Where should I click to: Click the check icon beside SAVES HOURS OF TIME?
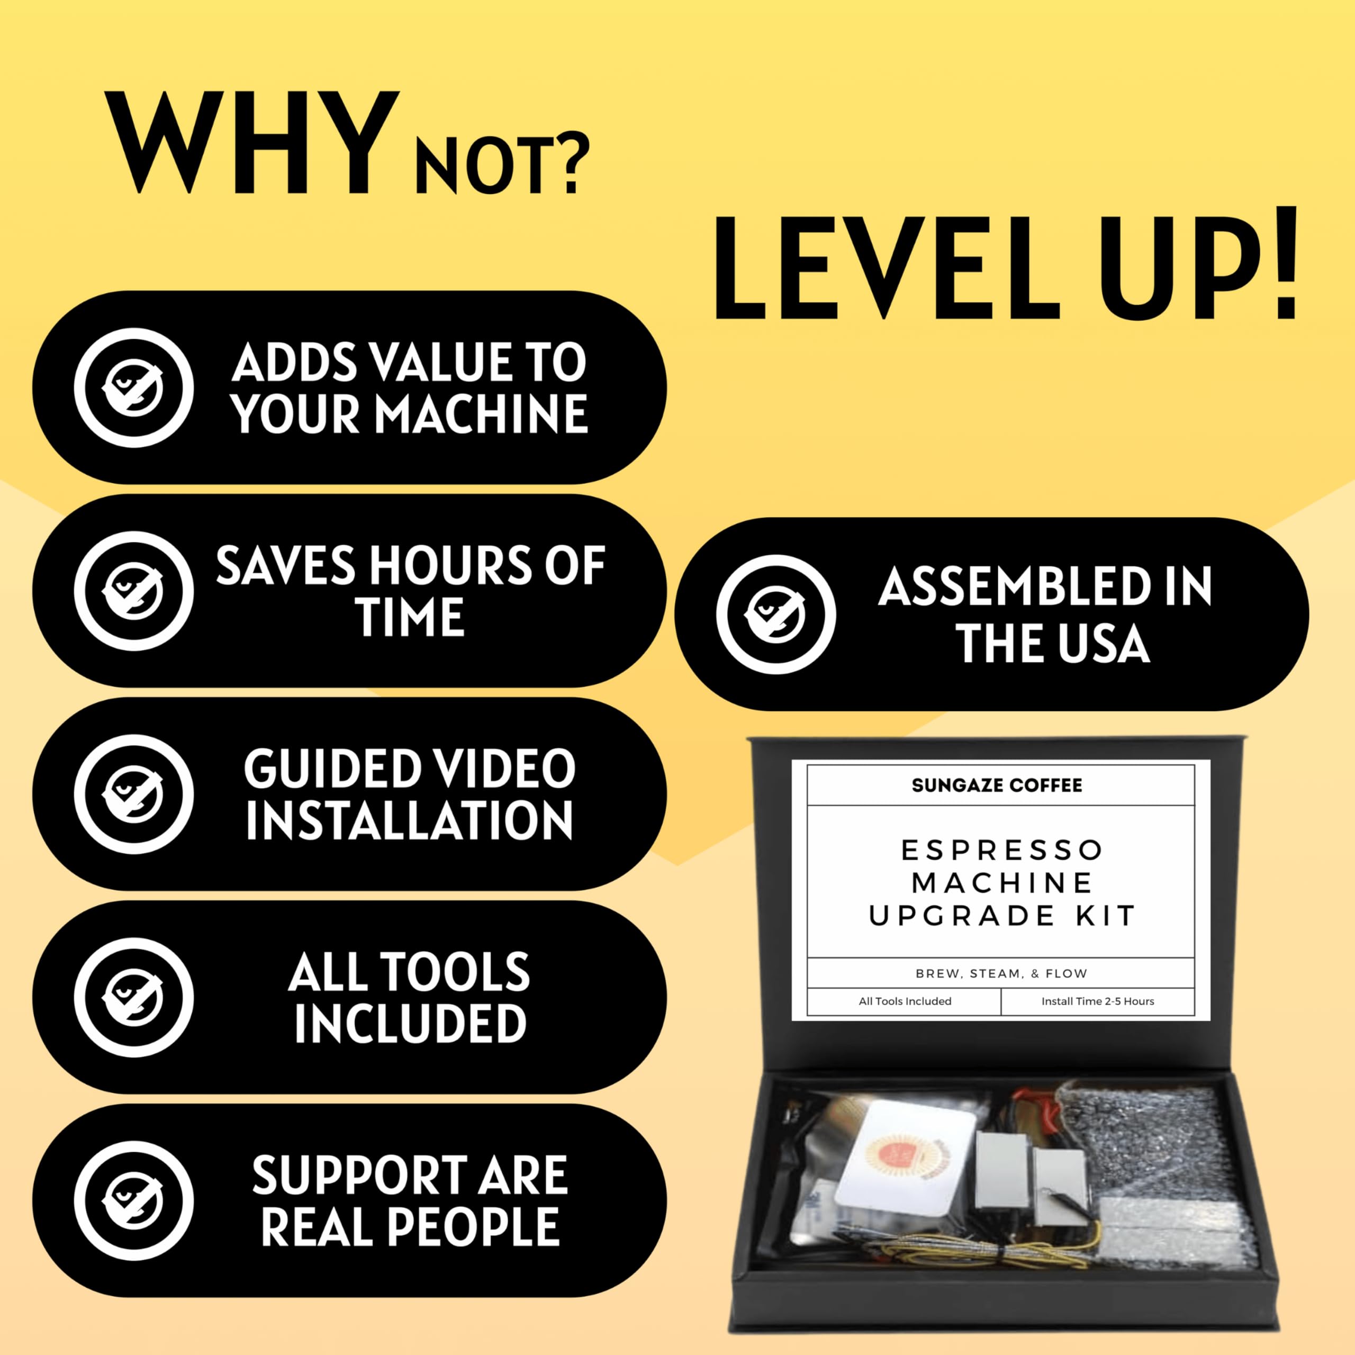tap(134, 591)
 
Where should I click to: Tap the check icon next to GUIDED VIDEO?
tap(134, 794)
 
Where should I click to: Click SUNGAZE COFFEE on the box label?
tap(997, 785)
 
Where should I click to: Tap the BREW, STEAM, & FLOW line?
tap(1001, 973)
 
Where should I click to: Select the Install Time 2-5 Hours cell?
tap(1098, 1001)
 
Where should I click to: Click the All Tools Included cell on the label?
tap(905, 1001)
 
